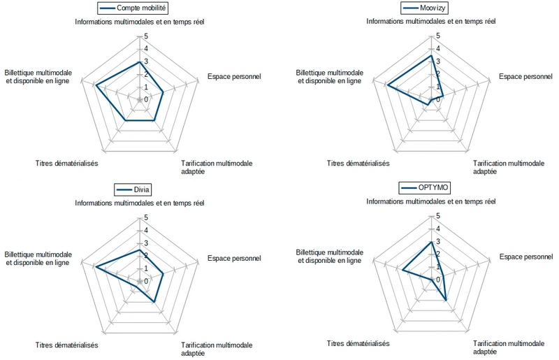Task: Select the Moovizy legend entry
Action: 430,8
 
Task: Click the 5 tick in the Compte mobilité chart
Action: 145,36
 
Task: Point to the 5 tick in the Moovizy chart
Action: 438,36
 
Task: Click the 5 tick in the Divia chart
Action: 145,217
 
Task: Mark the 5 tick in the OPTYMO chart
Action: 438,217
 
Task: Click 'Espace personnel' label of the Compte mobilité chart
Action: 234,76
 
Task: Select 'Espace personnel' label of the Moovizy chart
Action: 525,76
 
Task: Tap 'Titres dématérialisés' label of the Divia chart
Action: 66,345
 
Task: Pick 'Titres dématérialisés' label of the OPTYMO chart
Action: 358,343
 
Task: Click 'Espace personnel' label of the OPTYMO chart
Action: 525,257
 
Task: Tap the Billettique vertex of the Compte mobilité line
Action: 95,86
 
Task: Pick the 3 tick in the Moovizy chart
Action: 438,62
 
